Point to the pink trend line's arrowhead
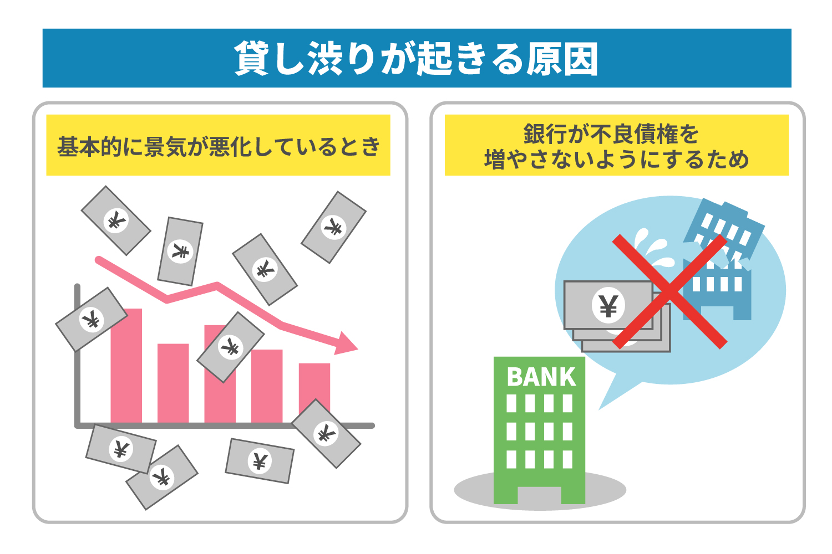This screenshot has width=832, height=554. [347, 343]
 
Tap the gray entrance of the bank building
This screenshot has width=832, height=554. [539, 495]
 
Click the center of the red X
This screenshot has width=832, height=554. [669, 291]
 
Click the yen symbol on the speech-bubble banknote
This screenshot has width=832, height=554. [608, 305]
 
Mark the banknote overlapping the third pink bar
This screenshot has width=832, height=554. [230, 347]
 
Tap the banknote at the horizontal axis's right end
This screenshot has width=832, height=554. [326, 433]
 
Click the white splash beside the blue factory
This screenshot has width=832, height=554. [652, 244]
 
